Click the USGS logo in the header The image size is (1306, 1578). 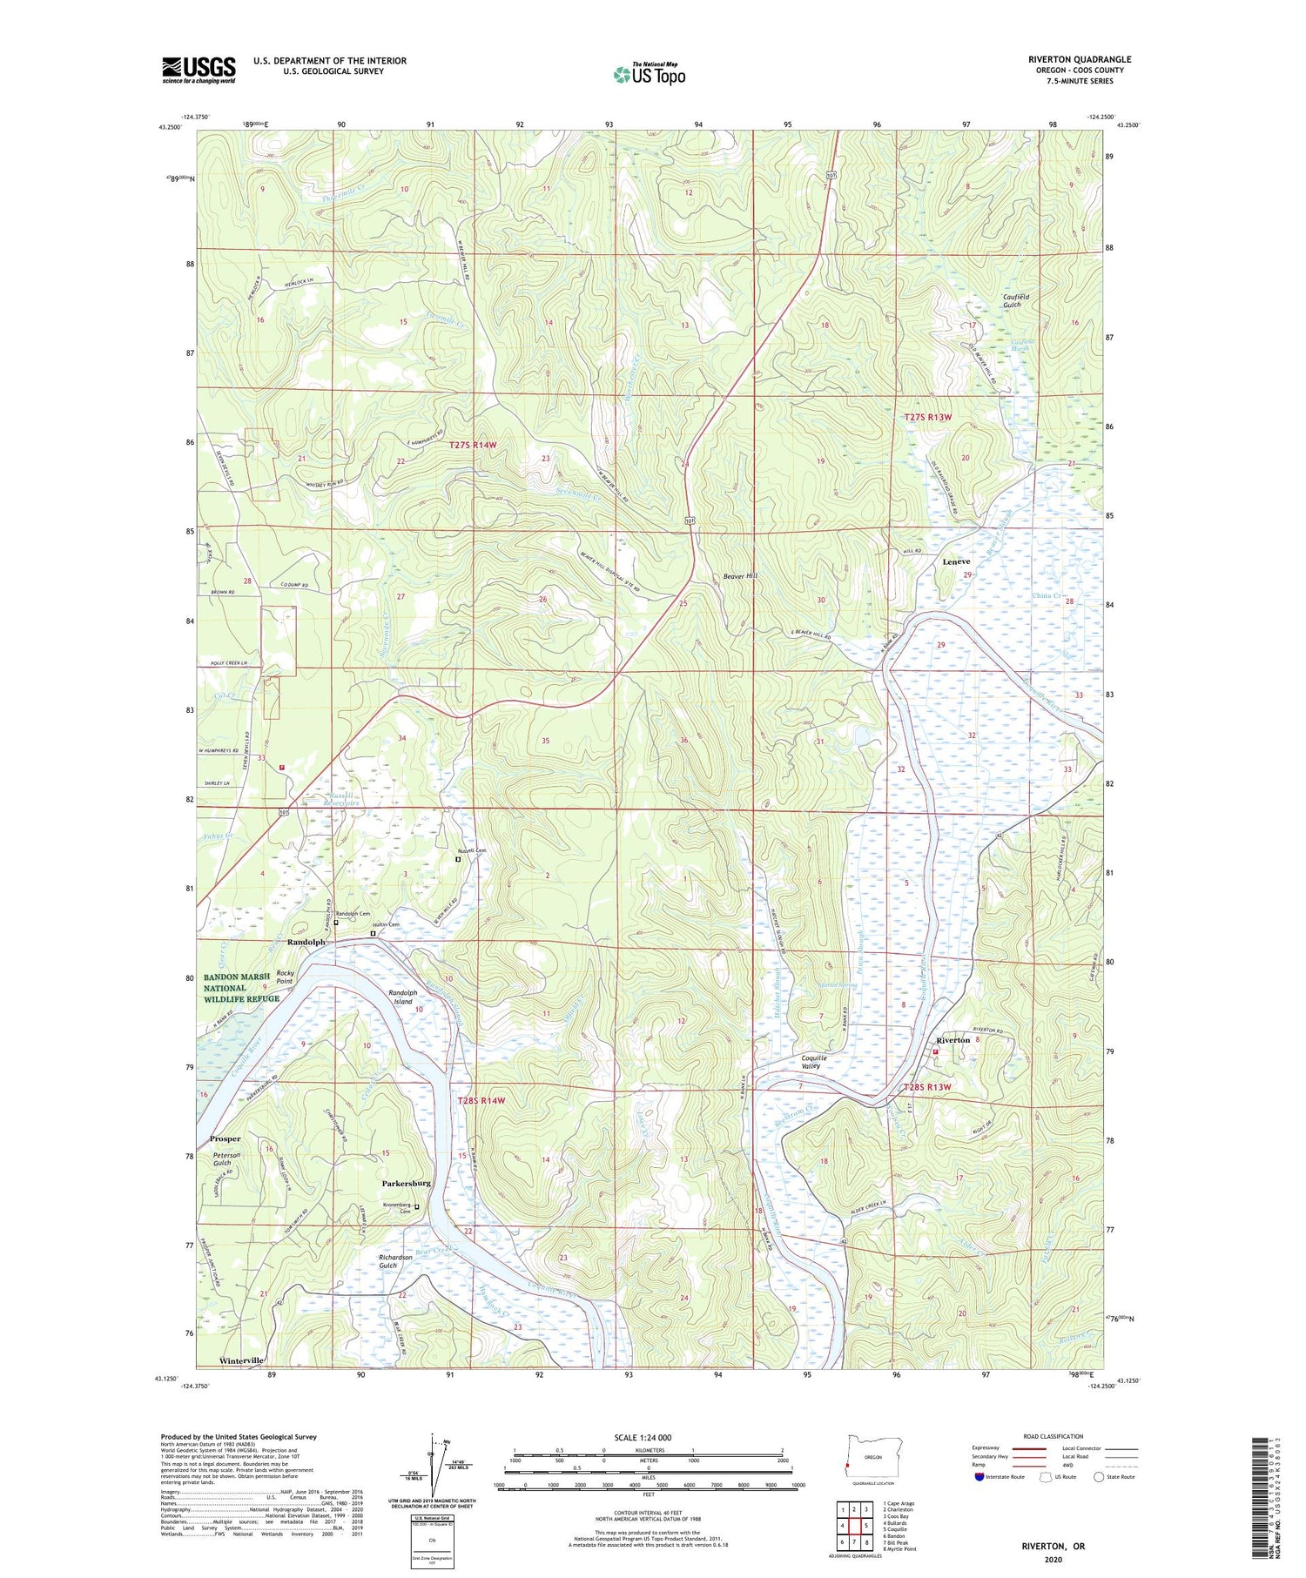[x=199, y=70]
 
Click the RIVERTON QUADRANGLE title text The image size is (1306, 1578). [x=1079, y=59]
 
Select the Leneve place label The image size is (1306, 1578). [x=956, y=561]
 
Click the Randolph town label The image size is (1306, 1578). [x=306, y=942]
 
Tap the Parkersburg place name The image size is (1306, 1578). [x=406, y=1183]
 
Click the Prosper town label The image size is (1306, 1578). [x=225, y=1138]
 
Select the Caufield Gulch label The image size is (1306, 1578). [x=1015, y=301]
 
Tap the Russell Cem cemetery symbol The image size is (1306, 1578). [x=459, y=859]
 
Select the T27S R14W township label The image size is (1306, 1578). [x=473, y=445]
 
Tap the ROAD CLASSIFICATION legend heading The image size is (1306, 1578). [x=1054, y=1436]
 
